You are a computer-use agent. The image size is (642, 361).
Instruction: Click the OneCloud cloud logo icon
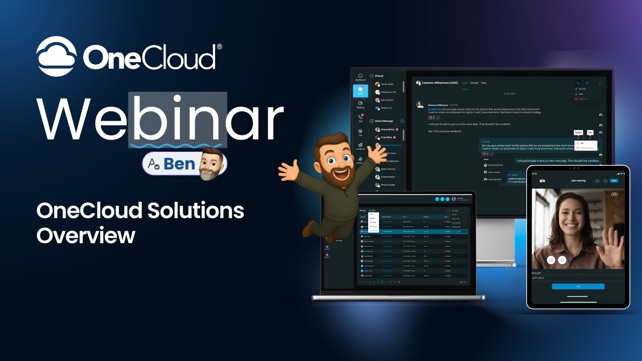click(56, 57)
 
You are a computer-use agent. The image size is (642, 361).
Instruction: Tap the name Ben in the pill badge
click(179, 163)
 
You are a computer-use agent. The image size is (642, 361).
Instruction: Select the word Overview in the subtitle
click(86, 235)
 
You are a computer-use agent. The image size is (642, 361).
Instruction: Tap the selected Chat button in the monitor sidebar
click(360, 91)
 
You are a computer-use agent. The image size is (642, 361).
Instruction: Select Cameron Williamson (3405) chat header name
click(439, 83)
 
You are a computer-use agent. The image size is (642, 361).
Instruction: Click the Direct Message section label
click(384, 121)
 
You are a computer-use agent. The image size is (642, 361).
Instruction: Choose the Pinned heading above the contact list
click(379, 76)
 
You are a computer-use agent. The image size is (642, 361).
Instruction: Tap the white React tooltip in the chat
click(578, 132)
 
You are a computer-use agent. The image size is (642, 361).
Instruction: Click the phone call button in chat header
click(578, 83)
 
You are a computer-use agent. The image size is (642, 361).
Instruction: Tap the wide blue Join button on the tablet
click(578, 286)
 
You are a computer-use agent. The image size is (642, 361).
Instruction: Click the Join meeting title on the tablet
click(578, 180)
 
